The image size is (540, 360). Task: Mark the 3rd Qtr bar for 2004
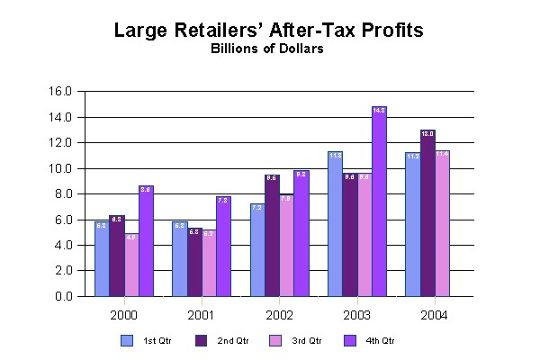(442, 224)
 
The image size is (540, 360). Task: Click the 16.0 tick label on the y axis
(72, 91)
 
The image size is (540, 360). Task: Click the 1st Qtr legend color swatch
(126, 341)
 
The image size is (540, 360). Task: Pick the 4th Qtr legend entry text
(381, 341)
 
